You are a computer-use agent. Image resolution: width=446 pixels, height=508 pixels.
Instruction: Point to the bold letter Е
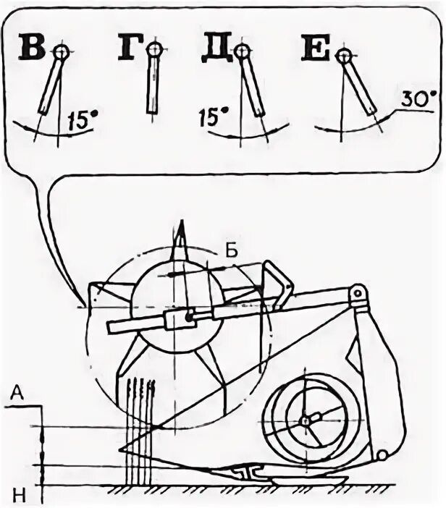tap(316, 52)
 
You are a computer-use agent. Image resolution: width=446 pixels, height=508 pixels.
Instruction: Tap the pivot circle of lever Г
tap(153, 49)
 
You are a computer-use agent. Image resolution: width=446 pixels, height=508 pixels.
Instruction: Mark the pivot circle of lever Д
tap(243, 50)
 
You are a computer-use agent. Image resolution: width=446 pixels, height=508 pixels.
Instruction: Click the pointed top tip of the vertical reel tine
tap(180, 225)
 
